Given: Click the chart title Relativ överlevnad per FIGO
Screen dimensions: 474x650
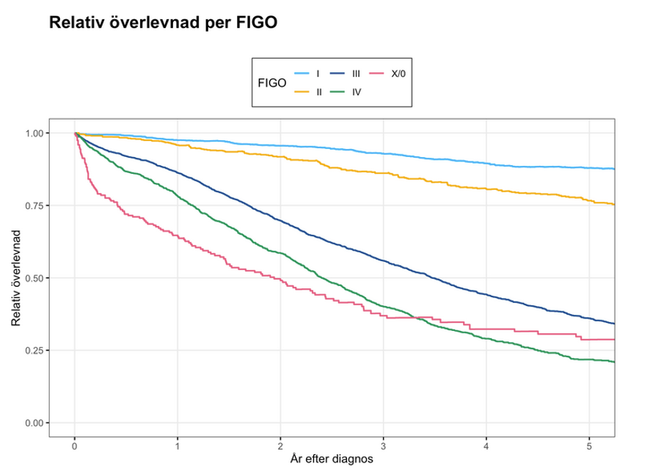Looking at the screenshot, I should point(162,23).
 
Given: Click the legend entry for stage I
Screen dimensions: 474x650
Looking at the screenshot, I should point(309,73).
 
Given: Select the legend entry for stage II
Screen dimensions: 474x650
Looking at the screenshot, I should point(309,92).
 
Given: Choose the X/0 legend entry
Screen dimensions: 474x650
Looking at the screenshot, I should point(388,73).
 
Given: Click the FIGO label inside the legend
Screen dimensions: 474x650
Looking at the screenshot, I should point(271,83).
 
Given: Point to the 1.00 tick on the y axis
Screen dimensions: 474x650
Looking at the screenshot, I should point(35,133).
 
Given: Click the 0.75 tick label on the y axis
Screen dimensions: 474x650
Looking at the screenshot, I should point(35,205).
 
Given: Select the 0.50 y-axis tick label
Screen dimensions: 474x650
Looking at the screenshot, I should point(35,278).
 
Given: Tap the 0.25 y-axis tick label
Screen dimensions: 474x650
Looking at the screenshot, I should point(35,350).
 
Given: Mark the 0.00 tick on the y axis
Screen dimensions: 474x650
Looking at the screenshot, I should point(35,423).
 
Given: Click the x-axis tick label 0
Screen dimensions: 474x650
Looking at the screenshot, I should point(75,446).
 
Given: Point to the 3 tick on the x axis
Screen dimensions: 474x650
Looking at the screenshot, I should point(384,446).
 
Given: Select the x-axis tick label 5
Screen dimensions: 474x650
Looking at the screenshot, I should point(590,446).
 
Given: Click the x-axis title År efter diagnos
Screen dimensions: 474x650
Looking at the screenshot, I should point(332,460).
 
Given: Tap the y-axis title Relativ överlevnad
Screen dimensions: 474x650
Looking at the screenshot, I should point(15,278).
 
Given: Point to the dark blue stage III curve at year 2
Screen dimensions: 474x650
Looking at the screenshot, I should point(280,220).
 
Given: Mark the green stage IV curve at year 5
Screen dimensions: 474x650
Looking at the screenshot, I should point(590,359).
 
